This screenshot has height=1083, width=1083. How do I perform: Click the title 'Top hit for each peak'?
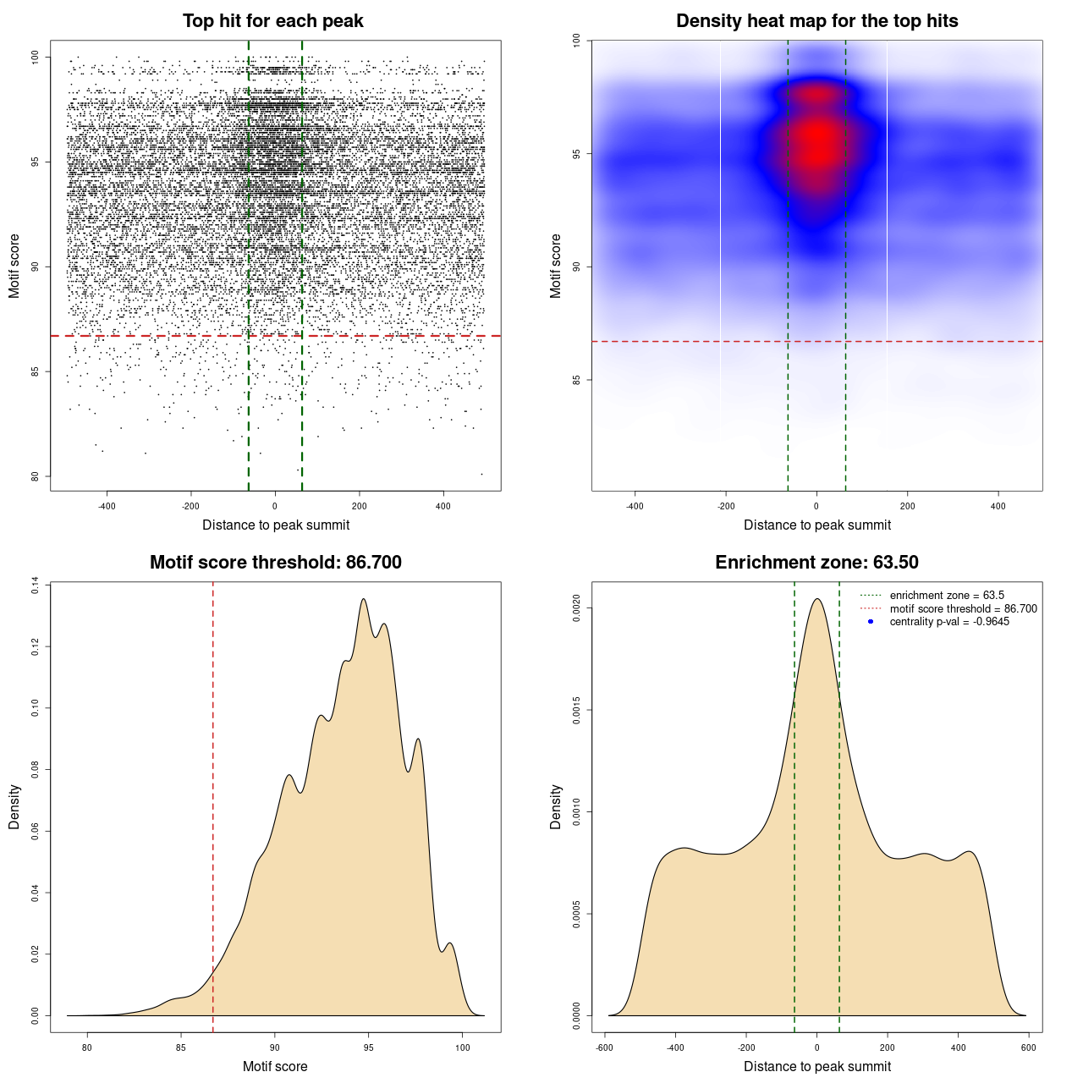click(x=272, y=21)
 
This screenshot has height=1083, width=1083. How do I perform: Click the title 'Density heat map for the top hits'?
click(x=816, y=21)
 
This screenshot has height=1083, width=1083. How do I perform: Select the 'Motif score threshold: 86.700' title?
click(x=275, y=563)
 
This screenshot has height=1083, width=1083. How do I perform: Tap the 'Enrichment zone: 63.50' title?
click(x=816, y=563)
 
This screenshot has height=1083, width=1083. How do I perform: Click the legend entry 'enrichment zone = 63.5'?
click(x=947, y=596)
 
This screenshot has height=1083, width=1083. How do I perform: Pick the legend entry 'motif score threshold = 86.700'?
click(x=963, y=609)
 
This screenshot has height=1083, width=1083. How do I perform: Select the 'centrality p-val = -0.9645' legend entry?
click(x=949, y=622)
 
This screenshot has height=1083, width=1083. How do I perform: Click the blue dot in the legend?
click(x=871, y=622)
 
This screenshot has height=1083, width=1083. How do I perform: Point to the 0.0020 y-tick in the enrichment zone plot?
click(x=577, y=608)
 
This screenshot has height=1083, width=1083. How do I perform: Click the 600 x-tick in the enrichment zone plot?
click(x=1028, y=1047)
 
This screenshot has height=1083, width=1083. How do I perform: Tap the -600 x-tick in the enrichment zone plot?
click(x=604, y=1047)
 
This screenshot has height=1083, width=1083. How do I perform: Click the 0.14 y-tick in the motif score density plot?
click(x=35, y=585)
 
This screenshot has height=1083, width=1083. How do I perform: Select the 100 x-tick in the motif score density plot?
click(x=462, y=1047)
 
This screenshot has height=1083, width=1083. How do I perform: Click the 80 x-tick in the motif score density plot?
click(x=87, y=1047)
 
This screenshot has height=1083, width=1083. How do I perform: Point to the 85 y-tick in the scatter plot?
click(x=35, y=371)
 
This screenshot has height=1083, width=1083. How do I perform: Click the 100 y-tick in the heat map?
click(x=577, y=41)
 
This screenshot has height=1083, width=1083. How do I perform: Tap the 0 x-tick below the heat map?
click(x=816, y=506)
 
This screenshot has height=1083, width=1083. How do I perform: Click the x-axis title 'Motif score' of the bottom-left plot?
click(x=275, y=1066)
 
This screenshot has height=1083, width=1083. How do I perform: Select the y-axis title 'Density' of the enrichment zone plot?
click(x=556, y=806)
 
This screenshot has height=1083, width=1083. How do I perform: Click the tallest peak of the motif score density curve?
click(x=364, y=600)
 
